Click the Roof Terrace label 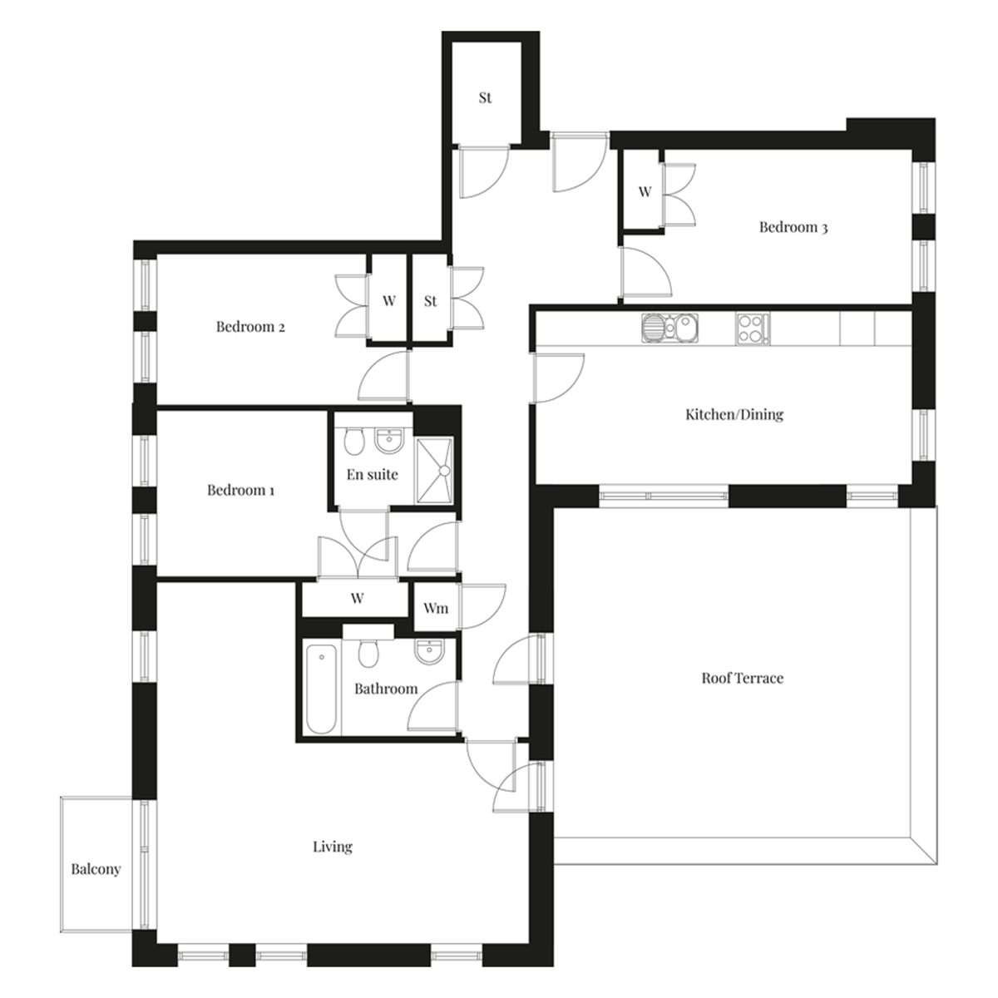pyautogui.click(x=742, y=679)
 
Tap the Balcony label pyautogui.click(x=96, y=869)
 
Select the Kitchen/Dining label pyautogui.click(x=734, y=414)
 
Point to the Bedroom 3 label pyautogui.click(x=793, y=227)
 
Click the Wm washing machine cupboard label pyautogui.click(x=436, y=608)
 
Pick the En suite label pyautogui.click(x=372, y=474)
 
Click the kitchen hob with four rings pyautogui.click(x=752, y=329)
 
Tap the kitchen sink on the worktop pyautogui.click(x=670, y=329)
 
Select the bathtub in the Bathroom pyautogui.click(x=322, y=689)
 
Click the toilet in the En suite pyautogui.click(x=355, y=440)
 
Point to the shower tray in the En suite pyautogui.click(x=434, y=470)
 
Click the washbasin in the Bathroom pyautogui.click(x=429, y=651)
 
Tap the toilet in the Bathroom pyautogui.click(x=368, y=654)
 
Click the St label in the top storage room pyautogui.click(x=485, y=98)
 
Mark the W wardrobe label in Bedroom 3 pyautogui.click(x=645, y=191)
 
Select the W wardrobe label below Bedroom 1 pyautogui.click(x=357, y=598)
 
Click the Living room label pyautogui.click(x=333, y=847)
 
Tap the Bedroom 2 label pyautogui.click(x=250, y=327)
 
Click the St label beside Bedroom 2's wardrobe pyautogui.click(x=430, y=301)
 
